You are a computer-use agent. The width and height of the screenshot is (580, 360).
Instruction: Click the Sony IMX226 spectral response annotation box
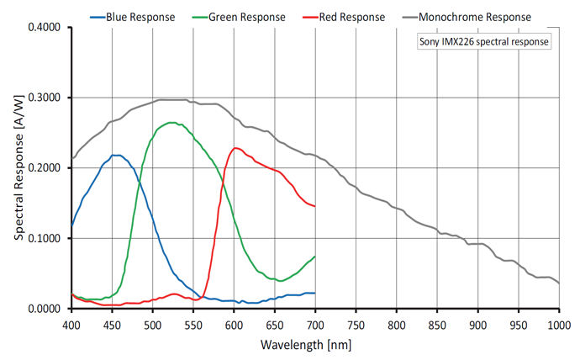point(484,41)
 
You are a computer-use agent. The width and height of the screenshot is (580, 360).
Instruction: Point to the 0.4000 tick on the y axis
point(45,28)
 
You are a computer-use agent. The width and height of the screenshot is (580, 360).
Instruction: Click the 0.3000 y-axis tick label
point(45,98)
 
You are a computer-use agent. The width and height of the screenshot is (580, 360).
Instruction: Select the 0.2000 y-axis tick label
point(45,168)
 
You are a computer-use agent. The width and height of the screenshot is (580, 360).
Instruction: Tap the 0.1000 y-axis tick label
point(45,239)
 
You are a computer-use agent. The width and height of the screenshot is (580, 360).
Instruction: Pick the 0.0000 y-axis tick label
point(45,309)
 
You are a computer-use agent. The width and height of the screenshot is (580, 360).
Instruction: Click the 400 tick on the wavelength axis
point(71,325)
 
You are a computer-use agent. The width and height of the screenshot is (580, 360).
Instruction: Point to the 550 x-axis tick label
point(193,325)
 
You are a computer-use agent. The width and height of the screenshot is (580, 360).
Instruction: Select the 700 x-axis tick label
point(315,325)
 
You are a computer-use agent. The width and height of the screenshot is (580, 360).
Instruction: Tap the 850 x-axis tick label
point(437,325)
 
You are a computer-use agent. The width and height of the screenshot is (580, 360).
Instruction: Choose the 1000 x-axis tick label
point(558,325)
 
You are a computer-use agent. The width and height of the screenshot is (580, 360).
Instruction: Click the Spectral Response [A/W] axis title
point(18,168)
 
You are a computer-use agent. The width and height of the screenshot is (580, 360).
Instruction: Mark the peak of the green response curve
point(171,123)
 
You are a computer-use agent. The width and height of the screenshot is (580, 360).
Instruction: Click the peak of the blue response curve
point(115,155)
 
